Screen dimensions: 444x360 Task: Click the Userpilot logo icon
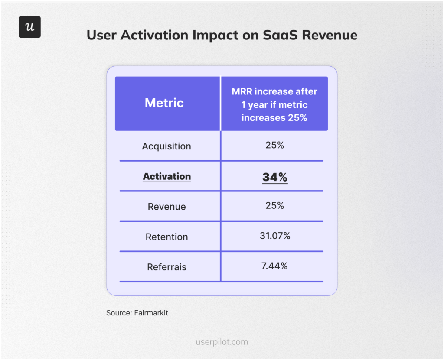pyautogui.click(x=29, y=27)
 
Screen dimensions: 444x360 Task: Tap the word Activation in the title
pyautogui.click(x=156, y=35)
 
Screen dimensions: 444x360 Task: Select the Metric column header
pyautogui.click(x=164, y=103)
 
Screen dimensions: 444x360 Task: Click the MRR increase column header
pyautogui.click(x=274, y=104)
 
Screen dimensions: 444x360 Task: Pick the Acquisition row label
pyautogui.click(x=166, y=146)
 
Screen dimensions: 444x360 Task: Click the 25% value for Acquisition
pyautogui.click(x=274, y=146)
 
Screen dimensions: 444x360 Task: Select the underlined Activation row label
pyautogui.click(x=167, y=176)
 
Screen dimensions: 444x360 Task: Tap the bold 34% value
pyautogui.click(x=274, y=177)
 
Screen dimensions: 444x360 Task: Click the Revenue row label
pyautogui.click(x=167, y=207)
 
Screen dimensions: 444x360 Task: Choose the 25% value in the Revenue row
pyautogui.click(x=274, y=206)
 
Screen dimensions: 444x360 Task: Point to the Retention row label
pyautogui.click(x=167, y=237)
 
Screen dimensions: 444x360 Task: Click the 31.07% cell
pyautogui.click(x=274, y=236)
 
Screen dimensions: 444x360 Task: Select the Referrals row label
pyautogui.click(x=167, y=267)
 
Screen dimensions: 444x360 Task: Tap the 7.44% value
pyautogui.click(x=274, y=266)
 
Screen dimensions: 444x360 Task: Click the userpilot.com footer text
pyautogui.click(x=222, y=342)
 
